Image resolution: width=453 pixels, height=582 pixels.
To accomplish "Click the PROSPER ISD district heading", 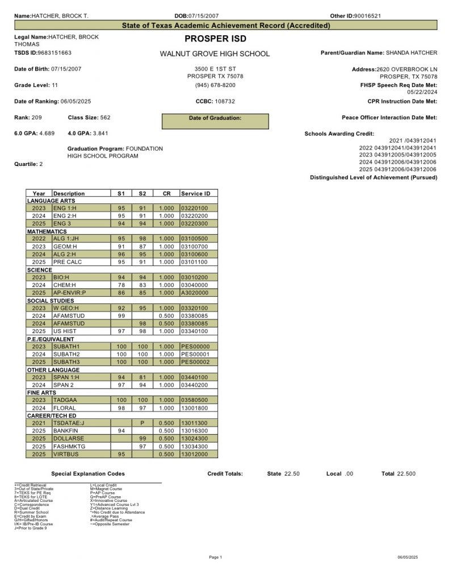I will (x=215, y=39).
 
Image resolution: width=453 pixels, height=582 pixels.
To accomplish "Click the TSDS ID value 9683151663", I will (x=54, y=53).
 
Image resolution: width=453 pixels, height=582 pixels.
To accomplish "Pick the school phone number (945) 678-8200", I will (x=215, y=85).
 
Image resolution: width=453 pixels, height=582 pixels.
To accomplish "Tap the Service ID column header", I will (x=195, y=194).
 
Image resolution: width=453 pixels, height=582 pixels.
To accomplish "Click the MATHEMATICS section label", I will (x=47, y=231).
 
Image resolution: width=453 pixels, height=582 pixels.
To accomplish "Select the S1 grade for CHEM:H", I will (x=121, y=285).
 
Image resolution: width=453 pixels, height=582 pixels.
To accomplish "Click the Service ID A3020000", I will (x=195, y=293).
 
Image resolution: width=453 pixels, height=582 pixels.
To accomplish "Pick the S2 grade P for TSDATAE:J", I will (x=142, y=423).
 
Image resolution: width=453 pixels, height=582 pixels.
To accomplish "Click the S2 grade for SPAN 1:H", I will (x=142, y=377).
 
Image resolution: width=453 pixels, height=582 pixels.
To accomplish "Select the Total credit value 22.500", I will (x=406, y=473).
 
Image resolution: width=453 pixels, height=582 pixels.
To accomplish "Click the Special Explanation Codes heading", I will (x=88, y=473).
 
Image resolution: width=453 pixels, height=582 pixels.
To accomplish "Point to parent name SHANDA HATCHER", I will (x=412, y=53).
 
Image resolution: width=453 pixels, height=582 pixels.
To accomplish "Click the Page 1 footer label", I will (x=215, y=557).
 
